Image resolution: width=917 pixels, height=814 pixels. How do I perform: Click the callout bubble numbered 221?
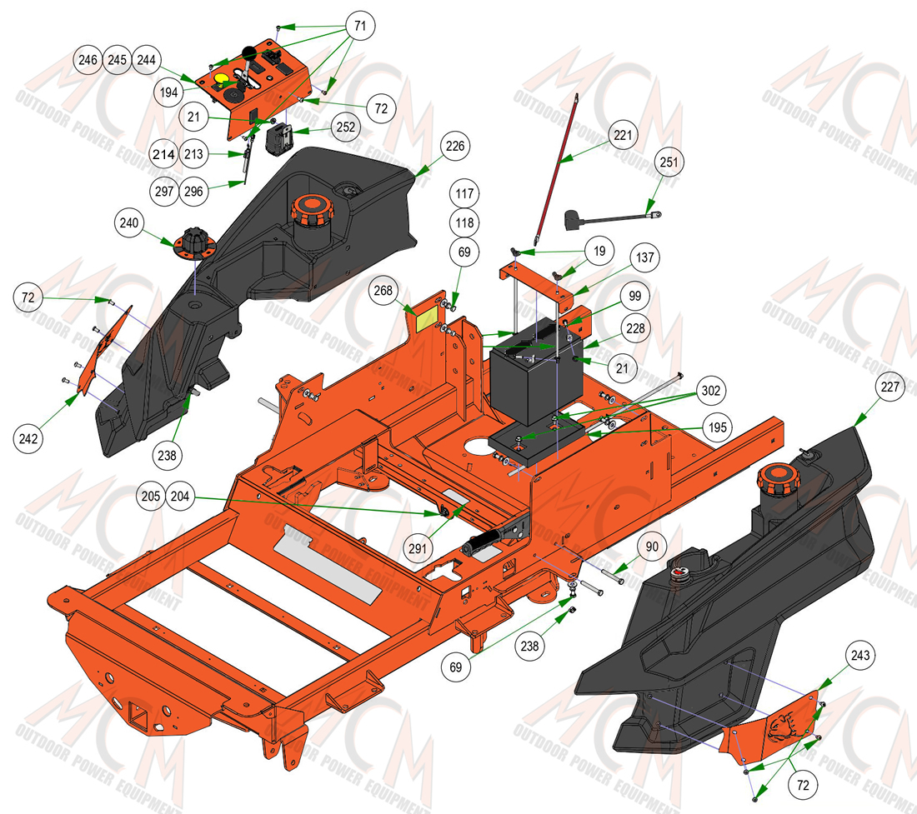pos(623,135)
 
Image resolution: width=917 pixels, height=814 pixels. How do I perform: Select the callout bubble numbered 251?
pos(669,162)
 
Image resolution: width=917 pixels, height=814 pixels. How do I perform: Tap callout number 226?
pos(455,146)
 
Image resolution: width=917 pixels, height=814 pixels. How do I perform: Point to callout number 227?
pos(889,387)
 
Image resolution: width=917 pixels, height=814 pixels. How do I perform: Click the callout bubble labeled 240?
pos(128,222)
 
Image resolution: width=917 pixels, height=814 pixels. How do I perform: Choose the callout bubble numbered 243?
pos(860,656)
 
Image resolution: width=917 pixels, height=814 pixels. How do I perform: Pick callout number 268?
pos(383,291)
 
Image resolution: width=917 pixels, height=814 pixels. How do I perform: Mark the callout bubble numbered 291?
pos(418,548)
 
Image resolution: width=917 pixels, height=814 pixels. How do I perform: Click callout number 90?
pos(652,547)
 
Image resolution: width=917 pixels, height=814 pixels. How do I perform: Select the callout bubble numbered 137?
pos(645,257)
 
